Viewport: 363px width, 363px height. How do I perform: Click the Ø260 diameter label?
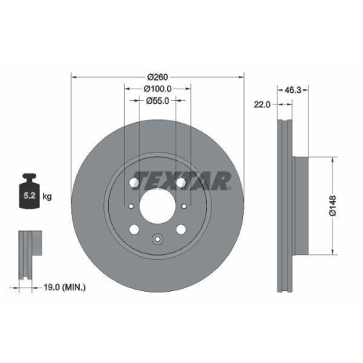(158, 77)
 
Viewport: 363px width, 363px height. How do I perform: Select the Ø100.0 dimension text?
(158, 90)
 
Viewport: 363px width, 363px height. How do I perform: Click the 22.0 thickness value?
(262, 105)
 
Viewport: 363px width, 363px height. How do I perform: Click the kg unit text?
(47, 196)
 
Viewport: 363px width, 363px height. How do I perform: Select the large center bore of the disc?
(158, 207)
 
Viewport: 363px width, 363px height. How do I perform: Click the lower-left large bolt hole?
(134, 231)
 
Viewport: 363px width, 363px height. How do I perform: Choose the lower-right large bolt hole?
(181, 231)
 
